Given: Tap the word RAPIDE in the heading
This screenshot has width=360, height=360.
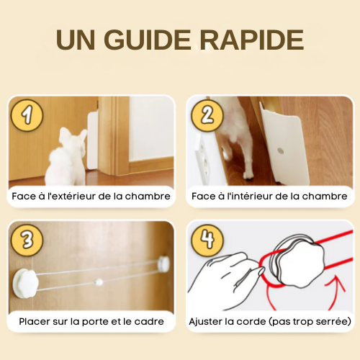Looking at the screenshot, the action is pyautogui.click(x=252, y=40).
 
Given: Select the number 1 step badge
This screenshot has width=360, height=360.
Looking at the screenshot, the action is pyautogui.click(x=27, y=115).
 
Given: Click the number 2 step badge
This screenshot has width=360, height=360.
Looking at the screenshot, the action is pyautogui.click(x=207, y=115).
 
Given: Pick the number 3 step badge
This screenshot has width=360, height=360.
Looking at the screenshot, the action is pyautogui.click(x=27, y=240).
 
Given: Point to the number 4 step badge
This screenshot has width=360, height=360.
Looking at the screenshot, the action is pyautogui.click(x=207, y=240).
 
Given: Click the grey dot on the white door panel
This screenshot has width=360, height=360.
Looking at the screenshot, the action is pyautogui.click(x=280, y=151).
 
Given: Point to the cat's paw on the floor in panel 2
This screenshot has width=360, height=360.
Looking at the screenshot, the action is pyautogui.click(x=247, y=177).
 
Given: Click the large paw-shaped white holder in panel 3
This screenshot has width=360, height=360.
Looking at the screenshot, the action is pyautogui.click(x=25, y=283).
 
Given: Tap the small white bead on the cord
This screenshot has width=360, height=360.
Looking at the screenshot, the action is pyautogui.click(x=99, y=282).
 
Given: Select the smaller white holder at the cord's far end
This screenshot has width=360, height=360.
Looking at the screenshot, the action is pyautogui.click(x=163, y=263).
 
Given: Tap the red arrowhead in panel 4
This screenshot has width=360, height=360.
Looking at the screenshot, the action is pyautogui.click(x=336, y=283).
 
